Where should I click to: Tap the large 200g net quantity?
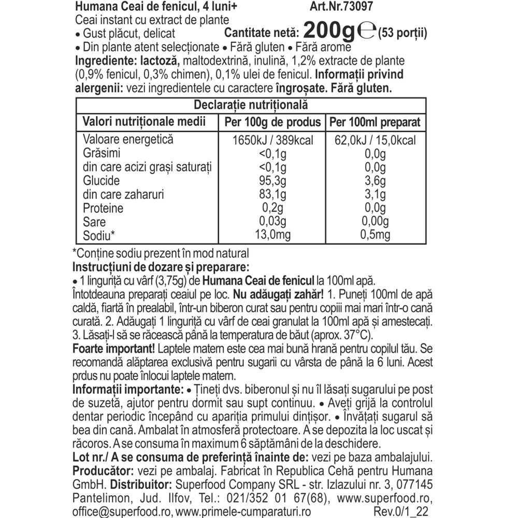[328, 31]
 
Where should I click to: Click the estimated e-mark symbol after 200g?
[367, 32]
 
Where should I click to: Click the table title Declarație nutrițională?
[251, 105]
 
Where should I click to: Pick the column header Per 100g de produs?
[273, 123]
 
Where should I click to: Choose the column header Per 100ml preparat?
[375, 123]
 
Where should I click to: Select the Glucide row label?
[102, 181]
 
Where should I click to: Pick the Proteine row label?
[103, 208]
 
